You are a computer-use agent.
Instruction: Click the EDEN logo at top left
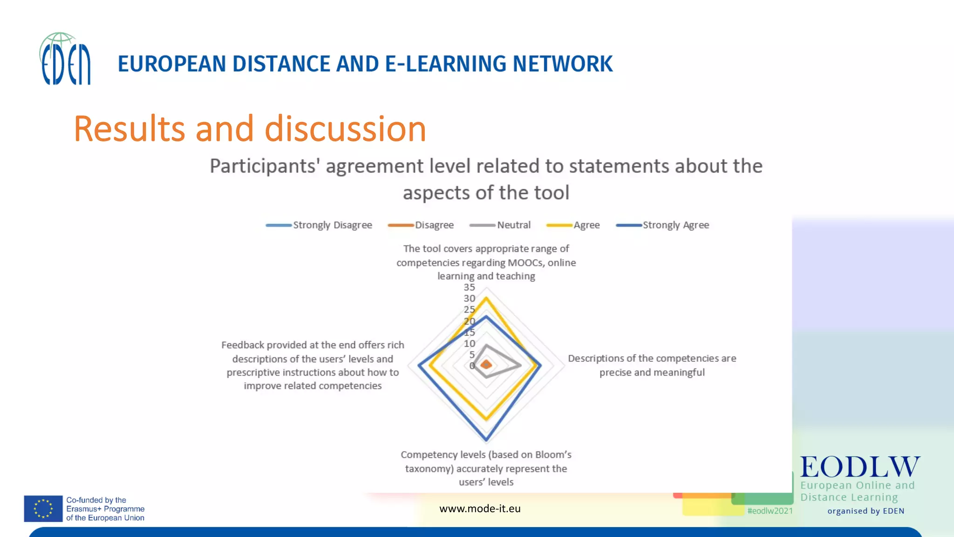pyautogui.click(x=65, y=59)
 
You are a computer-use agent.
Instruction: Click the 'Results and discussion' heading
pyautogui.click(x=250, y=129)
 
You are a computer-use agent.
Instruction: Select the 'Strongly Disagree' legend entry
pyautogui.click(x=319, y=225)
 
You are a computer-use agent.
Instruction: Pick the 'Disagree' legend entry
pyautogui.click(x=421, y=225)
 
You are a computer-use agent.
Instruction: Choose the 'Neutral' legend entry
pyautogui.click(x=500, y=225)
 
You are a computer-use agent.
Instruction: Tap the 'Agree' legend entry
pyautogui.click(x=573, y=225)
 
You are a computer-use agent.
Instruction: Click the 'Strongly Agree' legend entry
pyautogui.click(x=662, y=225)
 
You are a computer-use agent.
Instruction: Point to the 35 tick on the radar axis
pyautogui.click(x=469, y=287)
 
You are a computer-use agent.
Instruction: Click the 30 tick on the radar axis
pyautogui.click(x=469, y=298)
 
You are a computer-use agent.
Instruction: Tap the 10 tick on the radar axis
pyautogui.click(x=469, y=344)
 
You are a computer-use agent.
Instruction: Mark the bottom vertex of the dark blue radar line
pyautogui.click(x=486, y=440)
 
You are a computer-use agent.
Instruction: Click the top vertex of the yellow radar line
pyautogui.click(x=486, y=298)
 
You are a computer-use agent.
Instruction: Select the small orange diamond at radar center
pyautogui.click(x=486, y=365)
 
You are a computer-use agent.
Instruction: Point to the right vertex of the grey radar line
pyautogui.click(x=520, y=365)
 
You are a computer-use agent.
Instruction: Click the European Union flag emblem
pyautogui.click(x=43, y=509)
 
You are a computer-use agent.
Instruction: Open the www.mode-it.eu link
pyautogui.click(x=480, y=509)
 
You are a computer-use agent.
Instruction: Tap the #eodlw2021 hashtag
pyautogui.click(x=770, y=511)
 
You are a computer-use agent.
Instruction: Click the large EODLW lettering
pyautogui.click(x=860, y=467)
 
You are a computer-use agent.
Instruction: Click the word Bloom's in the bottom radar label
pyautogui.click(x=553, y=455)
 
